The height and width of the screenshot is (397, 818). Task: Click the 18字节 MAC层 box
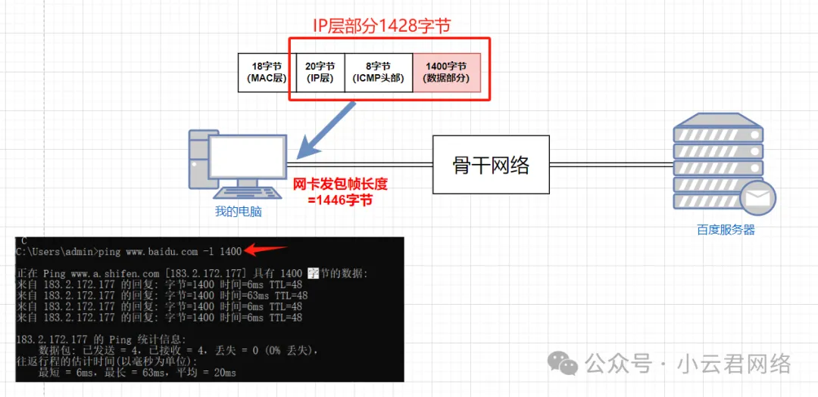tap(264, 73)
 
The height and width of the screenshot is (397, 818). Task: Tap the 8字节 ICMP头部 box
tap(379, 73)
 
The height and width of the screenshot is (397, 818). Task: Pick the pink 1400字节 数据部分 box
tap(447, 73)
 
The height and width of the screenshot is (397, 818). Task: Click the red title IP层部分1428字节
tap(382, 26)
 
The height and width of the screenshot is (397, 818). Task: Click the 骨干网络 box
tap(490, 166)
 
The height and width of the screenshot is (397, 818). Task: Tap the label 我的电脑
tap(238, 212)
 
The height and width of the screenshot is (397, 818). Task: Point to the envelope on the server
tap(757, 199)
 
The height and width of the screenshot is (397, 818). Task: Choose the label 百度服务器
tap(726, 230)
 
